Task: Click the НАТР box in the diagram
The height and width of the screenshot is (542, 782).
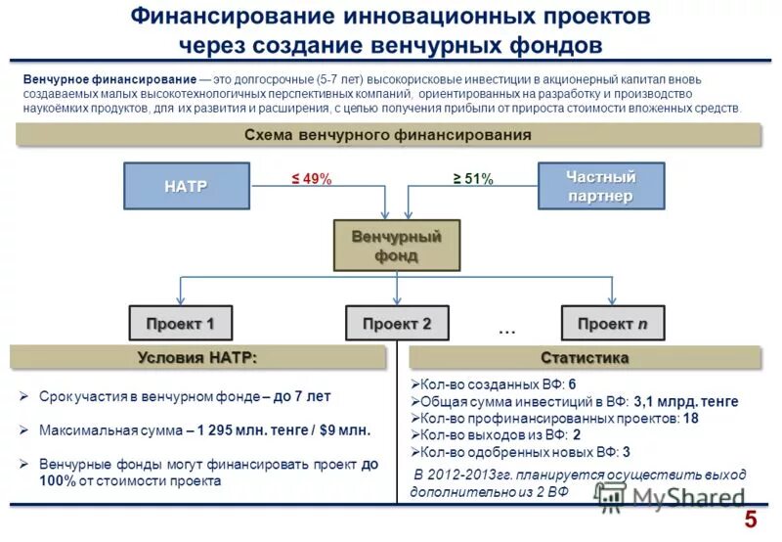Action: [x=186, y=186]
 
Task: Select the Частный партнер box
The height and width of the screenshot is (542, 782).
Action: [x=601, y=186]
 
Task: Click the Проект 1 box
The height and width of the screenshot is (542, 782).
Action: [x=180, y=323]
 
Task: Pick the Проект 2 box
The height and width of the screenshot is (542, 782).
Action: [x=396, y=323]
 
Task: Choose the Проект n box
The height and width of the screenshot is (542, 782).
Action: [x=612, y=323]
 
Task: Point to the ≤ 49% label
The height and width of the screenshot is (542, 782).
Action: [x=312, y=179]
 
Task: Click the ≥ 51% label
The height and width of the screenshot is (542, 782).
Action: [x=473, y=179]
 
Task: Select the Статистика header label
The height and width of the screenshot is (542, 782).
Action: [x=585, y=357]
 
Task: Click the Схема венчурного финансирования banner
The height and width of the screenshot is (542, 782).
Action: [x=387, y=135]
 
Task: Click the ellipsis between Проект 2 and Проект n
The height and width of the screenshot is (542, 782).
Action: [x=506, y=331]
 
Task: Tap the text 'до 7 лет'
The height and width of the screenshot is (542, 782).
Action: [x=302, y=396]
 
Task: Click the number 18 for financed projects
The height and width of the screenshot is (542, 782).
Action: [x=690, y=418]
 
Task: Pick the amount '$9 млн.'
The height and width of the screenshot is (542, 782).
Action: [x=342, y=429]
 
